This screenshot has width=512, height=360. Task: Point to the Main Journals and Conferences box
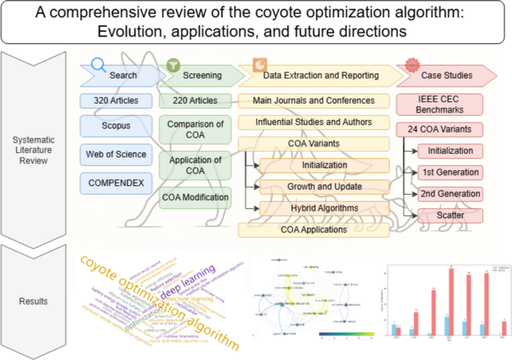point(314,101)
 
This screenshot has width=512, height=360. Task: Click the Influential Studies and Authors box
point(314,122)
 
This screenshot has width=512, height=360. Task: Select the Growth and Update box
point(324,187)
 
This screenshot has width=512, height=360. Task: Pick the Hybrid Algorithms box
point(324,208)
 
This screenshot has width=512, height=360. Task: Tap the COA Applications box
point(314,230)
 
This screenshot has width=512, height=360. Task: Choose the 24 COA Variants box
point(445,128)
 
